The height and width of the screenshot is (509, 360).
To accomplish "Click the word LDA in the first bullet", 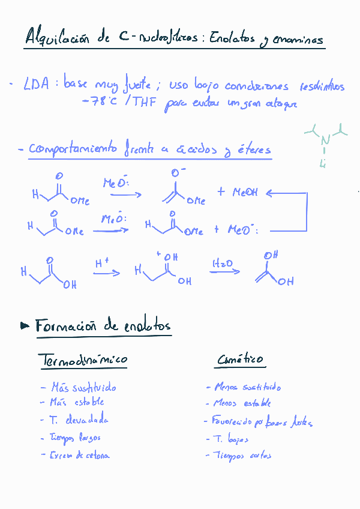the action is pos(37,86).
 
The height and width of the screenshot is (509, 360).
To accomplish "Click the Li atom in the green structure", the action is pos(322,163).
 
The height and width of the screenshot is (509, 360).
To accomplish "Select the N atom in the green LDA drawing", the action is pos(325,140).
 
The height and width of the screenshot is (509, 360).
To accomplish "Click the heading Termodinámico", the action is pos(83,360).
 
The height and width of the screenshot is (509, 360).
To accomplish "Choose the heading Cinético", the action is pos(240,360).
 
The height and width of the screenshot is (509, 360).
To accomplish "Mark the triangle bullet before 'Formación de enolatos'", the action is pos(25,326).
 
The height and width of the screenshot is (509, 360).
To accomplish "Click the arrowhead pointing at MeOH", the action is pos(269,193).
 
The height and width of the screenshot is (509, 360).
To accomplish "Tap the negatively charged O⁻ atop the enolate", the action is pos(176,173).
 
